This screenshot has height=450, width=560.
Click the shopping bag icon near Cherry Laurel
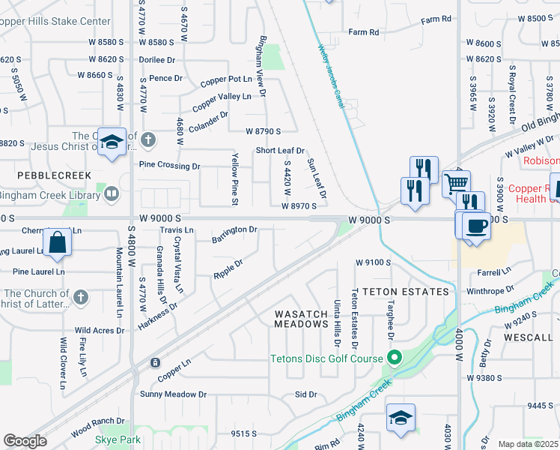coord(57,243)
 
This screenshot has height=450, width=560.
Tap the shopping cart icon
coord(456,182)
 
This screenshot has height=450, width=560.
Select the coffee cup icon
coord(476,226)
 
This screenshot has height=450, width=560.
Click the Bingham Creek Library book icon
coord(112,194)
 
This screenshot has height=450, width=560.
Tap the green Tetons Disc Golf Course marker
coord(391,357)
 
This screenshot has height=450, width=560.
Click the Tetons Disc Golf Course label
coord(326,358)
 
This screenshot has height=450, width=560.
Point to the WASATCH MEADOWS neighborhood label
coord(301,318)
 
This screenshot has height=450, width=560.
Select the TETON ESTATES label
coord(405,291)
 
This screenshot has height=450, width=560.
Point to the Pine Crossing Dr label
coord(170,166)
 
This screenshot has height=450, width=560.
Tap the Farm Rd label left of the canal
coord(365,32)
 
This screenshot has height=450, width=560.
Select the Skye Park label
coord(118,439)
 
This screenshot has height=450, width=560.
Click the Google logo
coord(25,440)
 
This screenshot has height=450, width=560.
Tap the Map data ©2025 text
coord(528,444)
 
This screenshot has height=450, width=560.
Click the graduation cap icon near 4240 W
coord(401,418)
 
